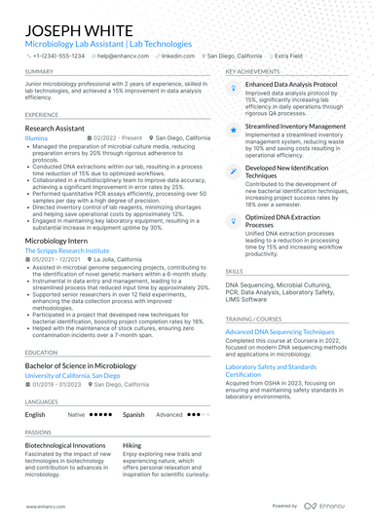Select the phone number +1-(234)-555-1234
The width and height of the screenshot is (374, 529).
coord(60,57)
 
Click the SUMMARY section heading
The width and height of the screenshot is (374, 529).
coord(40,72)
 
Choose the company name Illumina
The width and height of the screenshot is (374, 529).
coord(38,138)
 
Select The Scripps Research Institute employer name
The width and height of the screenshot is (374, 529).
coord(68,251)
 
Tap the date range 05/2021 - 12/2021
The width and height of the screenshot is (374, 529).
coord(56,260)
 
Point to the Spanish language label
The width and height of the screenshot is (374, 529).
coord(133,414)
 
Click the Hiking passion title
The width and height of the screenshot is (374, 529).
coord(131,444)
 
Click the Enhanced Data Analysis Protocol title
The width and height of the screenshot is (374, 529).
coord(292,86)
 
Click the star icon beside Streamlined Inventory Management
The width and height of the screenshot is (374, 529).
coord(232,128)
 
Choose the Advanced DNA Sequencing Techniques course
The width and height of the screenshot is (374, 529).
coord(280,332)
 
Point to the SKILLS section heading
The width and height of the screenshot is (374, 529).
coord(235,272)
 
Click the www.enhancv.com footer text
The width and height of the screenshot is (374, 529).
coord(44,507)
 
